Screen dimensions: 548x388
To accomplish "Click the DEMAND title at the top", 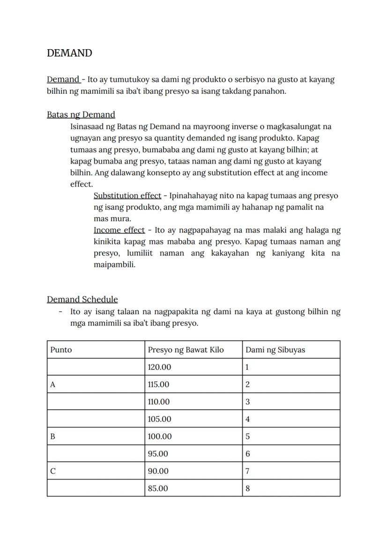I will [x=69, y=53].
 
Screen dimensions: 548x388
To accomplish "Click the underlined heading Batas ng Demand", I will [x=81, y=114].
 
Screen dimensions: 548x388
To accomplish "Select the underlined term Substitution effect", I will [x=127, y=195].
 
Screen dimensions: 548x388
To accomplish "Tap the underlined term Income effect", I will [x=119, y=230].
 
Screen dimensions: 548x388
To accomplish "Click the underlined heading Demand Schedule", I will [x=82, y=299].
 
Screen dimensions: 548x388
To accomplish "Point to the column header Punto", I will [x=61, y=350].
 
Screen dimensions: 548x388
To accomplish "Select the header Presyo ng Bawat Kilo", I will [x=186, y=350].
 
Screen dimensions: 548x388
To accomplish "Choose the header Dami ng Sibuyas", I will [x=275, y=350].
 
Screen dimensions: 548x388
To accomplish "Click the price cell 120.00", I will [x=159, y=367].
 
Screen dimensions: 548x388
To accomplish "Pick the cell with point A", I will [x=53, y=384].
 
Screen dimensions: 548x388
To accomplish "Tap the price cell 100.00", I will [x=159, y=436].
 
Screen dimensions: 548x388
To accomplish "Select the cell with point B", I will [x=53, y=436].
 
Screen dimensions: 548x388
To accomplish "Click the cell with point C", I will [x=53, y=471].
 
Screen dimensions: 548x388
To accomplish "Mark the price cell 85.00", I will [x=158, y=488].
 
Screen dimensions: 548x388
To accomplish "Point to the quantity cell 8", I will [x=247, y=488].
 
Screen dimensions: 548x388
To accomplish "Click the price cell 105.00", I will [x=159, y=419].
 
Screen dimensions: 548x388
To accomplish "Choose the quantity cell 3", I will [x=247, y=402].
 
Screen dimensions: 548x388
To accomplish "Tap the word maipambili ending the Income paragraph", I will [x=114, y=265].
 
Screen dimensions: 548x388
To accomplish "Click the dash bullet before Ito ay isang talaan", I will [x=60, y=312].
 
